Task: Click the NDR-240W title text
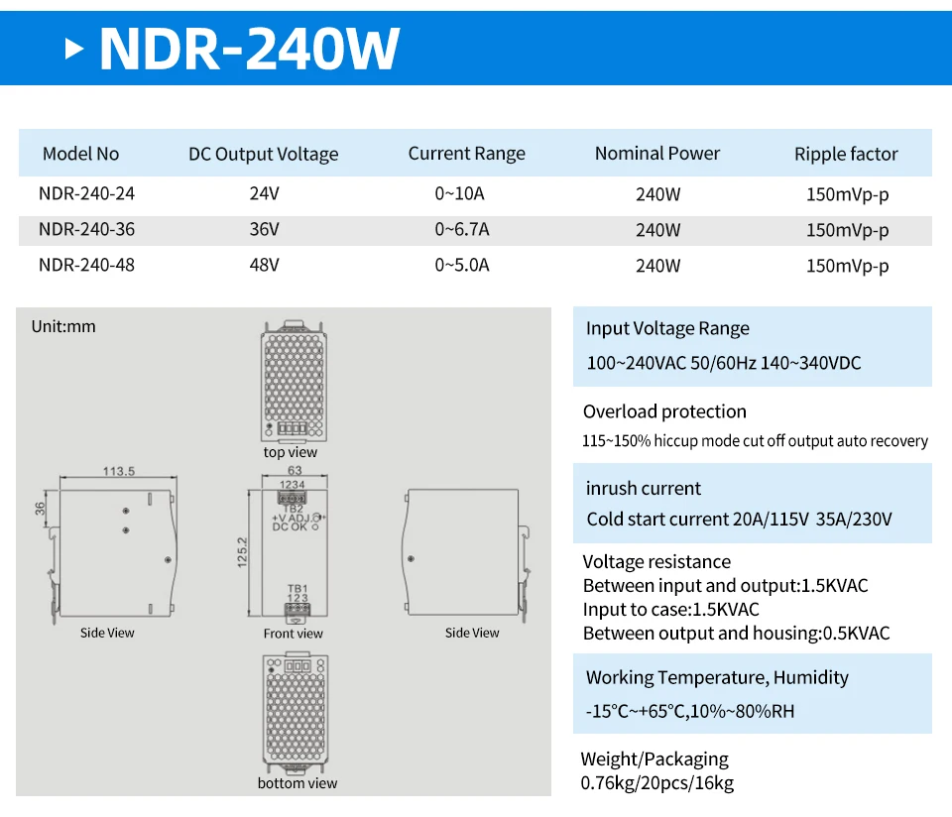coord(250,48)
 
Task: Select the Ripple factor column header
coord(846,154)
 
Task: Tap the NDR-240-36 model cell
coord(86,230)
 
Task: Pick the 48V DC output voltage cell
coord(264,266)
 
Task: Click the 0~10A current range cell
coord(462,194)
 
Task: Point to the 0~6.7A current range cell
coord(462,230)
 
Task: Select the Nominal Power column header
coord(657,154)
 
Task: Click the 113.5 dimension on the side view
coord(118,471)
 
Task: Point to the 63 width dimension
coord(295,470)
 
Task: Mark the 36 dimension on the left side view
coord(41,508)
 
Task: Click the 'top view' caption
coord(291,452)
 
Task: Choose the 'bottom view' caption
coord(297,783)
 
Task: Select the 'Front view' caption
coord(294,634)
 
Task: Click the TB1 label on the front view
coord(297,588)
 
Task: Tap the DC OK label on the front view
coord(291,526)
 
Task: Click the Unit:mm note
coord(63,326)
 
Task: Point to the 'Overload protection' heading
coord(664,411)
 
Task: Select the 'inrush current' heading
coord(644,488)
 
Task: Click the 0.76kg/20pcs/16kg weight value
coord(657,783)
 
